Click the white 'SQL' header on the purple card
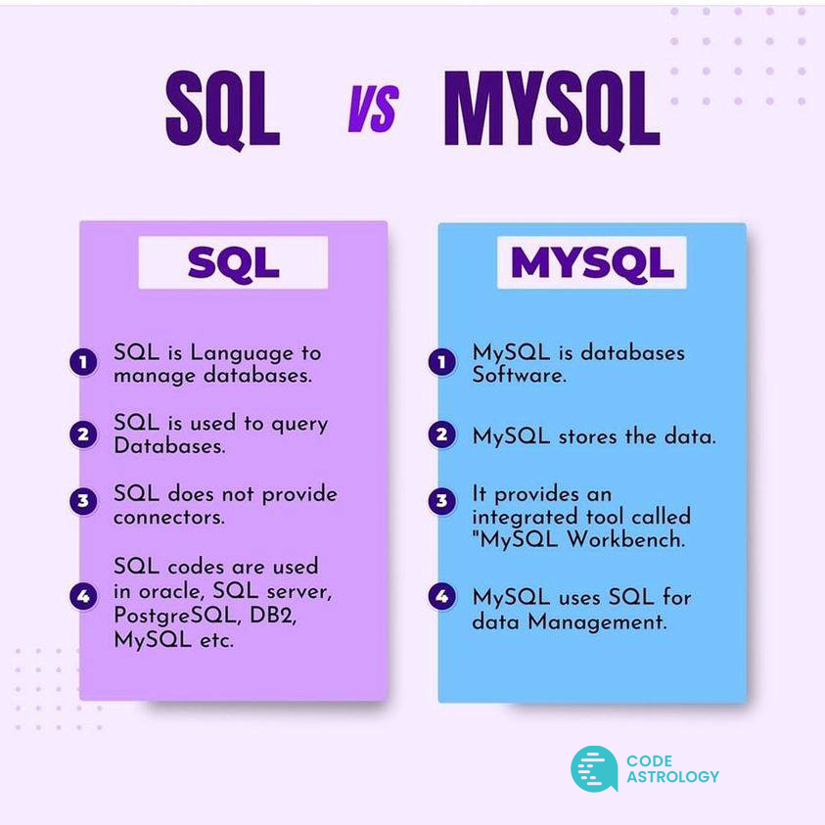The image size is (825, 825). tap(233, 261)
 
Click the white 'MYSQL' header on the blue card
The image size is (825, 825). tap(592, 261)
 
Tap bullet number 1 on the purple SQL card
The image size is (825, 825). tap(84, 363)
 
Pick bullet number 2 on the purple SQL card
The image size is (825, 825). tap(84, 434)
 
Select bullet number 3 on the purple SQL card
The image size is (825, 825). tap(84, 503)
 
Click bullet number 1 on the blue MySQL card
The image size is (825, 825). tap(442, 363)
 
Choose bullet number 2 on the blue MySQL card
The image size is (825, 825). tap(442, 435)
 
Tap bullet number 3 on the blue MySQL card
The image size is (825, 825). tap(442, 503)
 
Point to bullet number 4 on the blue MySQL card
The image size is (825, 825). tap(442, 595)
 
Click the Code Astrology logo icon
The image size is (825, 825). tap(594, 769)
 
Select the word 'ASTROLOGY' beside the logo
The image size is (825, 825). tap(672, 777)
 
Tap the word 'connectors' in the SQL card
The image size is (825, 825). tap(168, 517)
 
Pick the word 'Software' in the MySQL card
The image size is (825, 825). tap(519, 375)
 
